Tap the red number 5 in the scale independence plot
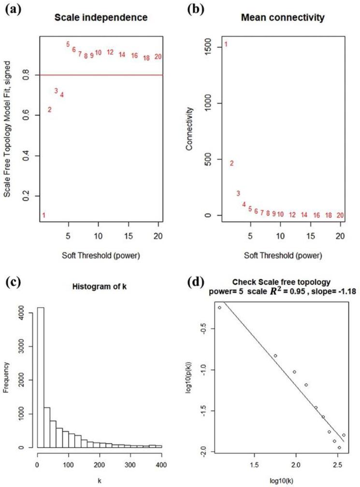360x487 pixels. click(68, 44)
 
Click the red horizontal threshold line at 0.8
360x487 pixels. click(97, 75)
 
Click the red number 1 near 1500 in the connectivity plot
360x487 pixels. click(226, 45)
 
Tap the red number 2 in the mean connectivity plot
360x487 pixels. click(232, 163)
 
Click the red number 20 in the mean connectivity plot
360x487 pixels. click(340, 215)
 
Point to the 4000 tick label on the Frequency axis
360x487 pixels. click(21, 313)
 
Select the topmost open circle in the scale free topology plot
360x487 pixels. click(220, 307)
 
